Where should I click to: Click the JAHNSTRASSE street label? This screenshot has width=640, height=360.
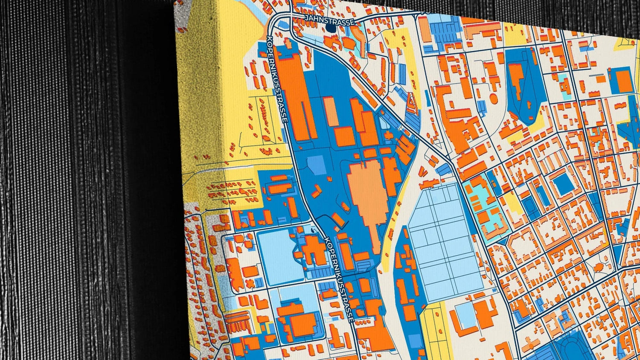[x=329, y=20]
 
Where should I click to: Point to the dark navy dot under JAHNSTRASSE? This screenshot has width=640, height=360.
[x=331, y=28]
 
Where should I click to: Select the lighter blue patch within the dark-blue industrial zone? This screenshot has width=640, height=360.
[x=316, y=165]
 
